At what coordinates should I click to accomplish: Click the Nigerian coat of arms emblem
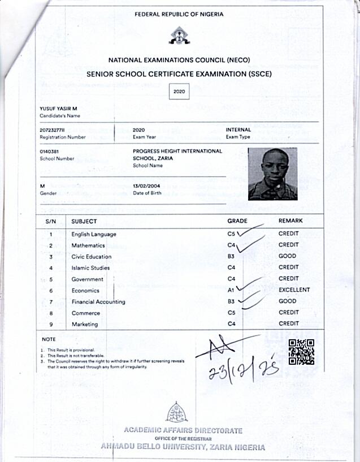click(x=179, y=36)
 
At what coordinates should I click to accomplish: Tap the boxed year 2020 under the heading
click(x=179, y=90)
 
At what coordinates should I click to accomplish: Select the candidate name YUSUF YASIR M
click(x=58, y=109)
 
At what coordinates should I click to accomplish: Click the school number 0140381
click(x=50, y=152)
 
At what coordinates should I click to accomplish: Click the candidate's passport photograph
click(x=272, y=174)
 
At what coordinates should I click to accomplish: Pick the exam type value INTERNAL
click(x=238, y=130)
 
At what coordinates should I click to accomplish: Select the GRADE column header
click(x=237, y=221)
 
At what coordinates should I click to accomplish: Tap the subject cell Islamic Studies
click(x=90, y=267)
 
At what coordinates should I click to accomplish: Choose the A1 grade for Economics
click(x=231, y=290)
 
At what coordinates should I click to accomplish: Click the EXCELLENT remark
click(x=294, y=290)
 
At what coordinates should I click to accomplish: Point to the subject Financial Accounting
click(x=98, y=301)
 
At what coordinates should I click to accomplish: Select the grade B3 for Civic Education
click(x=231, y=256)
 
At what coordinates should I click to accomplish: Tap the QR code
click(x=301, y=351)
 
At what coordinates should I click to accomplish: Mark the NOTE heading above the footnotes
click(x=49, y=339)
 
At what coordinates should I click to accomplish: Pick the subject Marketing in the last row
click(x=85, y=324)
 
